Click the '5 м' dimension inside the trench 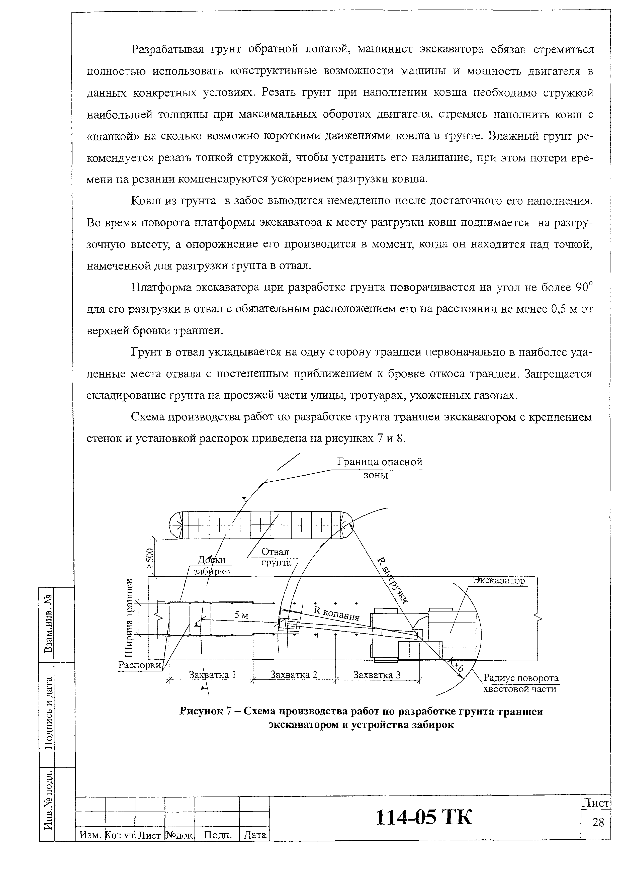click(x=241, y=615)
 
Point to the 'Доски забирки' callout click(x=212, y=565)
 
